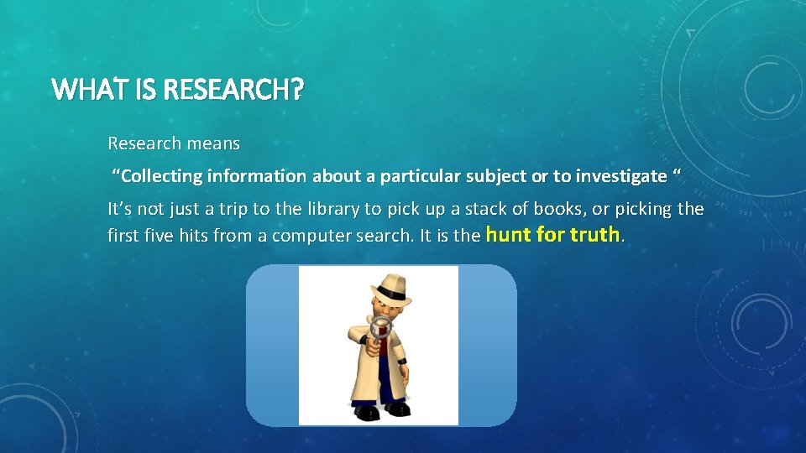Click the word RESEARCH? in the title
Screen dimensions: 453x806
click(x=232, y=88)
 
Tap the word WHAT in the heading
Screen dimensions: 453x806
click(x=80, y=88)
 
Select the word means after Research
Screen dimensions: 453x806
click(x=213, y=143)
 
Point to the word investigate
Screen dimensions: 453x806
click(x=620, y=176)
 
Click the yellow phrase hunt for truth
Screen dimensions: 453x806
click(x=553, y=235)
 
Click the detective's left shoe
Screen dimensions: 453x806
click(x=397, y=410)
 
